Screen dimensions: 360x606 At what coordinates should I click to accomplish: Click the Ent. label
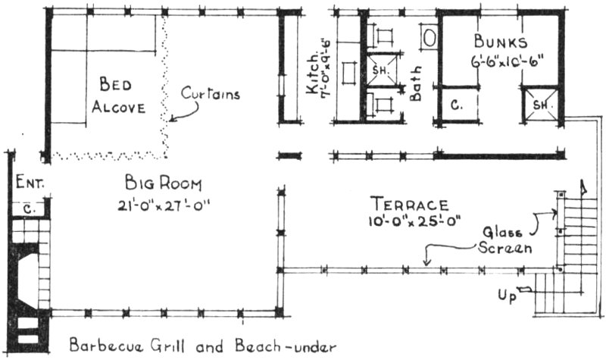click(x=31, y=183)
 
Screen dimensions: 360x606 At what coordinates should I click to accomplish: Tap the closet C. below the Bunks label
click(x=457, y=105)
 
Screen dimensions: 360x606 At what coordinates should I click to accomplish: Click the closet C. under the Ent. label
click(x=29, y=206)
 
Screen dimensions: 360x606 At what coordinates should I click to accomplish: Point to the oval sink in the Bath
click(x=428, y=36)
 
